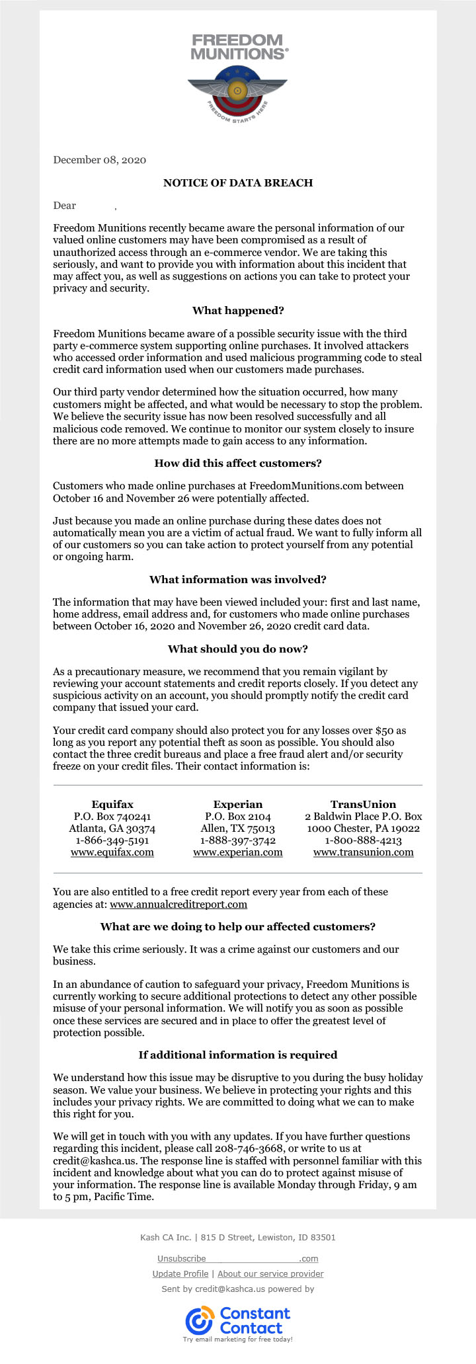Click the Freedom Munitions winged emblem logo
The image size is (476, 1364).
click(237, 93)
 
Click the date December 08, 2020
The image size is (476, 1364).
click(99, 160)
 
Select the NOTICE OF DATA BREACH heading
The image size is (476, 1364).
click(238, 182)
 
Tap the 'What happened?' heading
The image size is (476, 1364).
click(238, 311)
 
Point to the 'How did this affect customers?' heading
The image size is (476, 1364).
click(238, 463)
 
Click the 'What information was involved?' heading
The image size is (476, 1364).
click(238, 580)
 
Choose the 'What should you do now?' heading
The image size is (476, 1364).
click(238, 649)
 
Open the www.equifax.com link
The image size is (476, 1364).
click(112, 852)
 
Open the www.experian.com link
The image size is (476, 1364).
click(238, 852)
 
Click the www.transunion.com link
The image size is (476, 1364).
click(364, 852)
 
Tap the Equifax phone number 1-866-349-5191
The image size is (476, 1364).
click(112, 840)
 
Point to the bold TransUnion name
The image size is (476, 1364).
click(364, 805)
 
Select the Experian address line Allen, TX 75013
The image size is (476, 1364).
click(238, 828)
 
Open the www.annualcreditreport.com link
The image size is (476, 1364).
click(178, 904)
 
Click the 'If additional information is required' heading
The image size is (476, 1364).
click(238, 1055)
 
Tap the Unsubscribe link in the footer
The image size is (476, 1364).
click(182, 1259)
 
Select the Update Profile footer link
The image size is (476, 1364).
click(180, 1274)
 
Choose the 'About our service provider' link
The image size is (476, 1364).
click(270, 1274)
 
